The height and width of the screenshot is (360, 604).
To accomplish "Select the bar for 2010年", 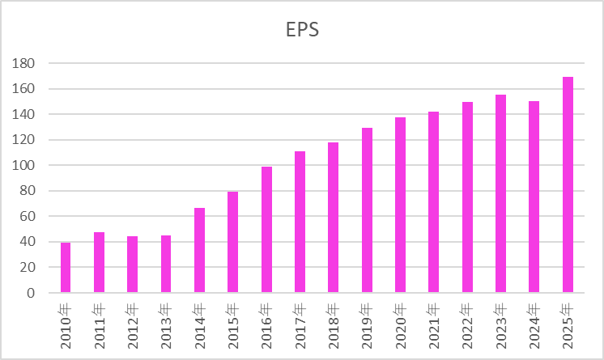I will click(66, 268).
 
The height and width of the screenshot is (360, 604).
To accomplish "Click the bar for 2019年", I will click(367, 210).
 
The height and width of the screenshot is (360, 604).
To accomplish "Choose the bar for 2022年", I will click(467, 197).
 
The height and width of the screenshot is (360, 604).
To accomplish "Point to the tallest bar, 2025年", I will click(568, 185).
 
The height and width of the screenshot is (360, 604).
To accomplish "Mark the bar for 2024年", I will click(534, 197).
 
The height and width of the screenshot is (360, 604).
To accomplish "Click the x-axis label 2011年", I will click(100, 325).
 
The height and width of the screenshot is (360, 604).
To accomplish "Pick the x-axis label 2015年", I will click(233, 325).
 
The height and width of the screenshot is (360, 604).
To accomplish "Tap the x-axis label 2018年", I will click(334, 325).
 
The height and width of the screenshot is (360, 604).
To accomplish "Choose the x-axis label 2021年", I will click(434, 325).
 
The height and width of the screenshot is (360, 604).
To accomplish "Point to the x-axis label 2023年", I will click(501, 325).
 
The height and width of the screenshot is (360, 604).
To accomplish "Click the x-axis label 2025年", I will click(568, 325).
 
